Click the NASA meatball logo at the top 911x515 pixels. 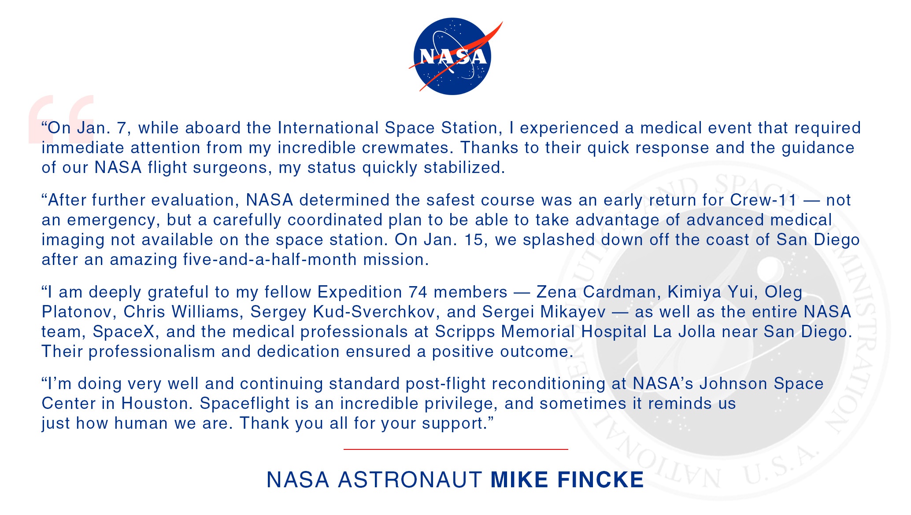[x=453, y=56]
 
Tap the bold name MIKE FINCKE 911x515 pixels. [x=567, y=479]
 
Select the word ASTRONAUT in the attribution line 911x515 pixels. [x=410, y=479]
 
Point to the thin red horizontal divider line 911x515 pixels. [x=455, y=449]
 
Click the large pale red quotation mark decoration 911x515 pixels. [x=61, y=119]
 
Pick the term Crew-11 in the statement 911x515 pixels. [x=763, y=200]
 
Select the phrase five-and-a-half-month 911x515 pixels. [x=270, y=259]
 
